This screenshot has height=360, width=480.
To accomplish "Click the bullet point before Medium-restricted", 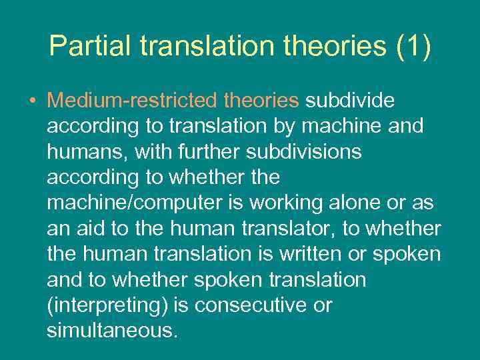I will click(33, 101).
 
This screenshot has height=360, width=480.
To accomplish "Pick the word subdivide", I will click(350, 101).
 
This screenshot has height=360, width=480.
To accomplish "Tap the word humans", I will click(87, 152).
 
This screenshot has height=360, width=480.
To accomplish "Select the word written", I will click(314, 254).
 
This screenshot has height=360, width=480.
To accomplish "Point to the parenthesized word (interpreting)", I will click(107, 305).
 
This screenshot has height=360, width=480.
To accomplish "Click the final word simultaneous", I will click(112, 331).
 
